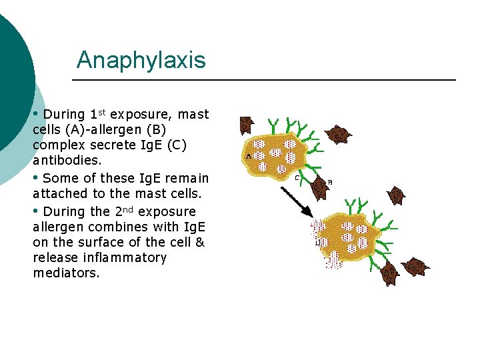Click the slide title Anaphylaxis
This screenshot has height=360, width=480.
(141, 60)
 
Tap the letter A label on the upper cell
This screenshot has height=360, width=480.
(249, 156)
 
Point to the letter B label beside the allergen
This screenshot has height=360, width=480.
(330, 182)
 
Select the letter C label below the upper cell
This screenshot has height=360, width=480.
(297, 178)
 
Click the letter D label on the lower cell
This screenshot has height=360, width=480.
(317, 242)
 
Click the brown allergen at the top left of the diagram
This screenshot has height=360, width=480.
(246, 124)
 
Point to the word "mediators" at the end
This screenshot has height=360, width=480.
(66, 273)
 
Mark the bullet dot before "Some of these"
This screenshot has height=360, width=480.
(36, 177)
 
